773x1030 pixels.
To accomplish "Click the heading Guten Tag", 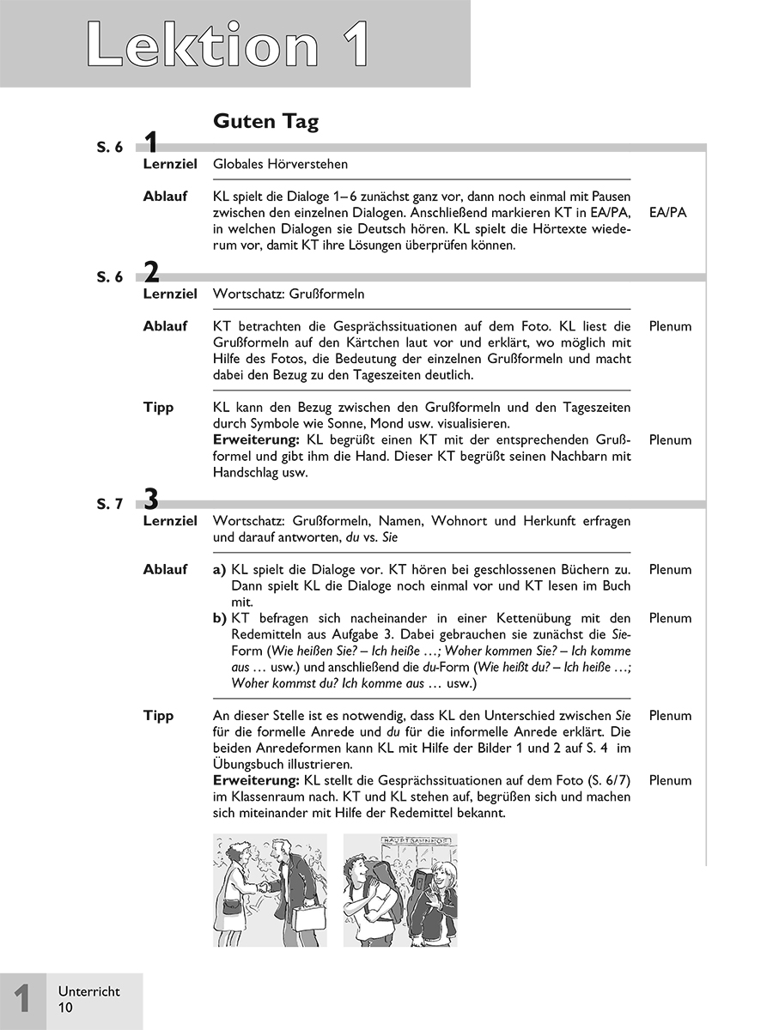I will point(265,122).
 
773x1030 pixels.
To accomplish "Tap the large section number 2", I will point(151,274).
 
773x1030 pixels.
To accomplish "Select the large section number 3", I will point(151,498).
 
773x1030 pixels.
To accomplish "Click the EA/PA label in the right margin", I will point(669,213).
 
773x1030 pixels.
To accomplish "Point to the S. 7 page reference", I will point(110,504).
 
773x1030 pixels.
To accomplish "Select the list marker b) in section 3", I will point(220,619).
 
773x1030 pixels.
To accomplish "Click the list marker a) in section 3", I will point(220,570).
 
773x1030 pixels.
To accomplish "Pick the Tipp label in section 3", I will point(158,716).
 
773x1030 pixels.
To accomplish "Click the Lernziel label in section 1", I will point(170,164).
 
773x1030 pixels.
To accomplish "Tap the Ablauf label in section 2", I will point(165,327).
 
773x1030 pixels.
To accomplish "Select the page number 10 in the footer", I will point(66,1008).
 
